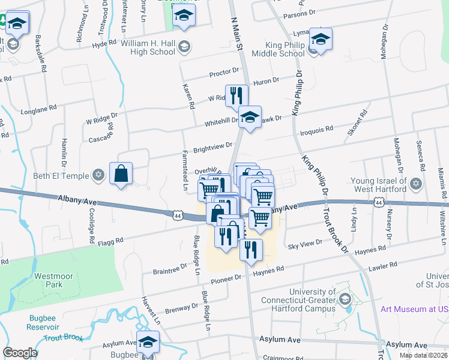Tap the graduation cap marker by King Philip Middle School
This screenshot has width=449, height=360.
point(321,41)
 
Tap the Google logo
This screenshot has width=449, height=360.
point(20,353)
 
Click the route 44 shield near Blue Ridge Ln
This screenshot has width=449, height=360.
point(178,214)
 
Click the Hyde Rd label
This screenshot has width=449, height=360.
point(104,45)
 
